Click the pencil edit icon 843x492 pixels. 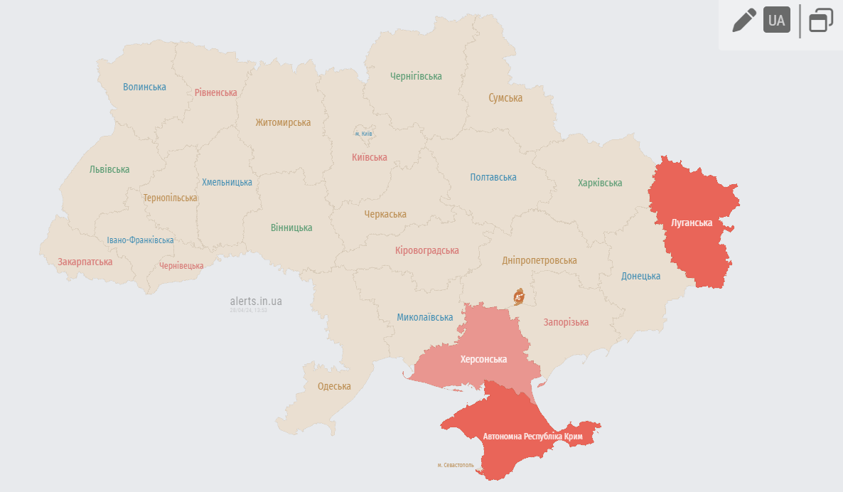[744, 20]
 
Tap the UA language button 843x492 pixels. [777, 20]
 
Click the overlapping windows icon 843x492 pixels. [821, 20]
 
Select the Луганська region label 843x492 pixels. [692, 223]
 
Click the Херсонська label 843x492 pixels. [483, 359]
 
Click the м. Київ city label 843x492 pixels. [363, 134]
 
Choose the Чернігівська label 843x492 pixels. [416, 76]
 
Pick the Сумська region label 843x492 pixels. [505, 98]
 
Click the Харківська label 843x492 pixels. [600, 183]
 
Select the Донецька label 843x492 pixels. [640, 276]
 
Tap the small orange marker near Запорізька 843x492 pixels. [520, 296]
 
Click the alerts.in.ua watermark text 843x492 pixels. [256, 301]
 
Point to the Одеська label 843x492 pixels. [334, 386]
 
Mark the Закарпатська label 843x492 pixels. [85, 262]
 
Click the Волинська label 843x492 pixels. [144, 87]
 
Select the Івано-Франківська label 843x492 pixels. [140, 240]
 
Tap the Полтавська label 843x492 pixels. [493, 177]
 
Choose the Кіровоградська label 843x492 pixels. [426, 250]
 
